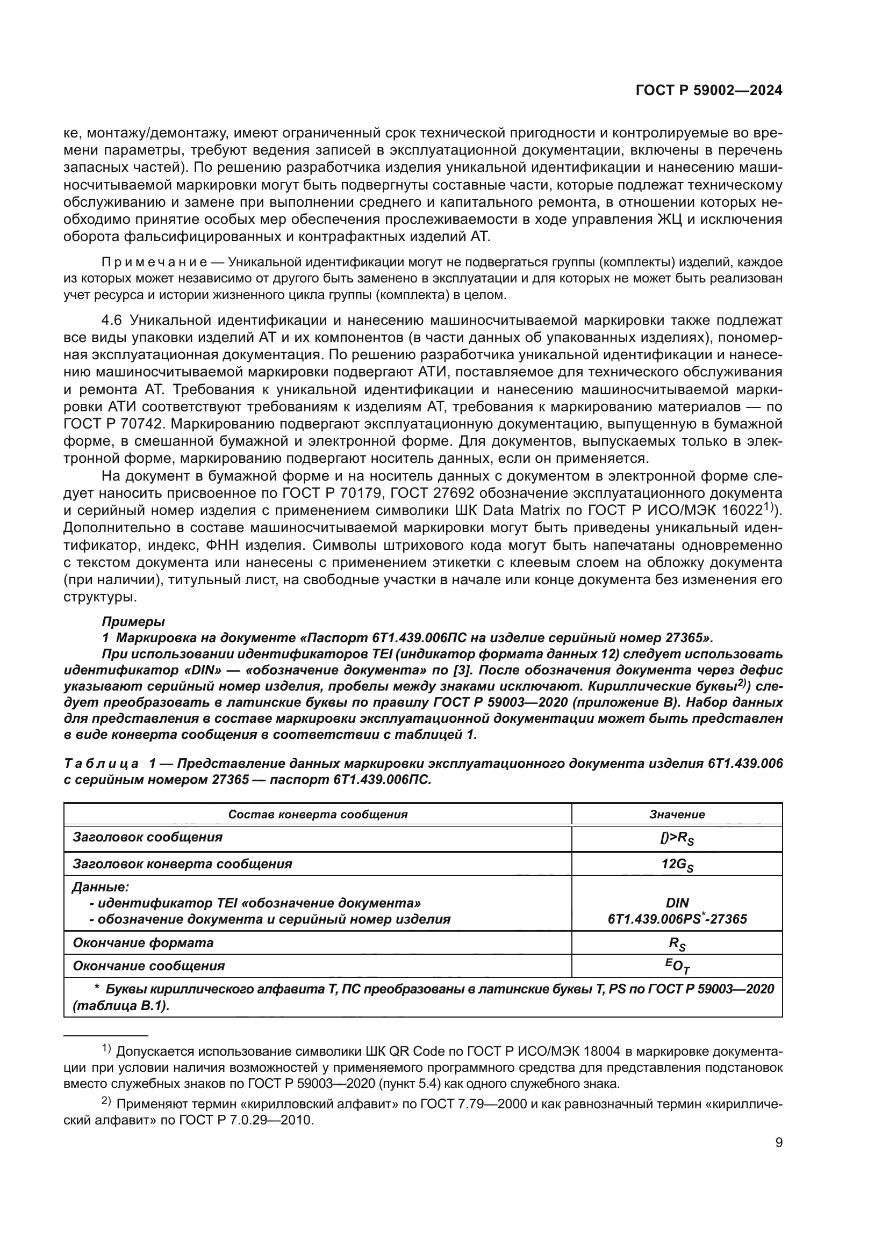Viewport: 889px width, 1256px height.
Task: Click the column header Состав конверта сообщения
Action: coord(318,814)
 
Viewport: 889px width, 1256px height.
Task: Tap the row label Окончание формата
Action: coord(143,943)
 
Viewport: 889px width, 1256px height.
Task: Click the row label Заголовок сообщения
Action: coord(147,837)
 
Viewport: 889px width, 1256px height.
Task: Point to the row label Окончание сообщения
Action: coord(148,966)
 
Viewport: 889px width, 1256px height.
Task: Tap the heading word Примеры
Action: coord(133,622)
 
